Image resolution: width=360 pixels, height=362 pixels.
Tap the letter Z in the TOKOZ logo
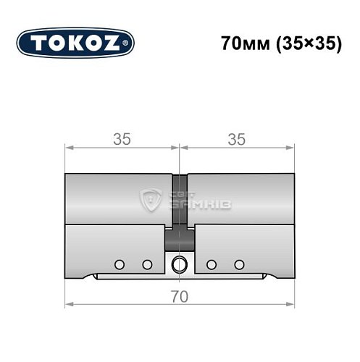pos(118,43)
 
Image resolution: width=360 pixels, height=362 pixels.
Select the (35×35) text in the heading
pos(305,43)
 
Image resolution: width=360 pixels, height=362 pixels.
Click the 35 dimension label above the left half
pos(122,140)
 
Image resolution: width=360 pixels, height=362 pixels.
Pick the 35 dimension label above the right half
pos(237,140)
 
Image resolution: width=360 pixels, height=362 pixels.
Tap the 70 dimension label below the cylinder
pos(180,297)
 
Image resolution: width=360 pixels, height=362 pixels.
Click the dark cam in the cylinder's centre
pos(180,237)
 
